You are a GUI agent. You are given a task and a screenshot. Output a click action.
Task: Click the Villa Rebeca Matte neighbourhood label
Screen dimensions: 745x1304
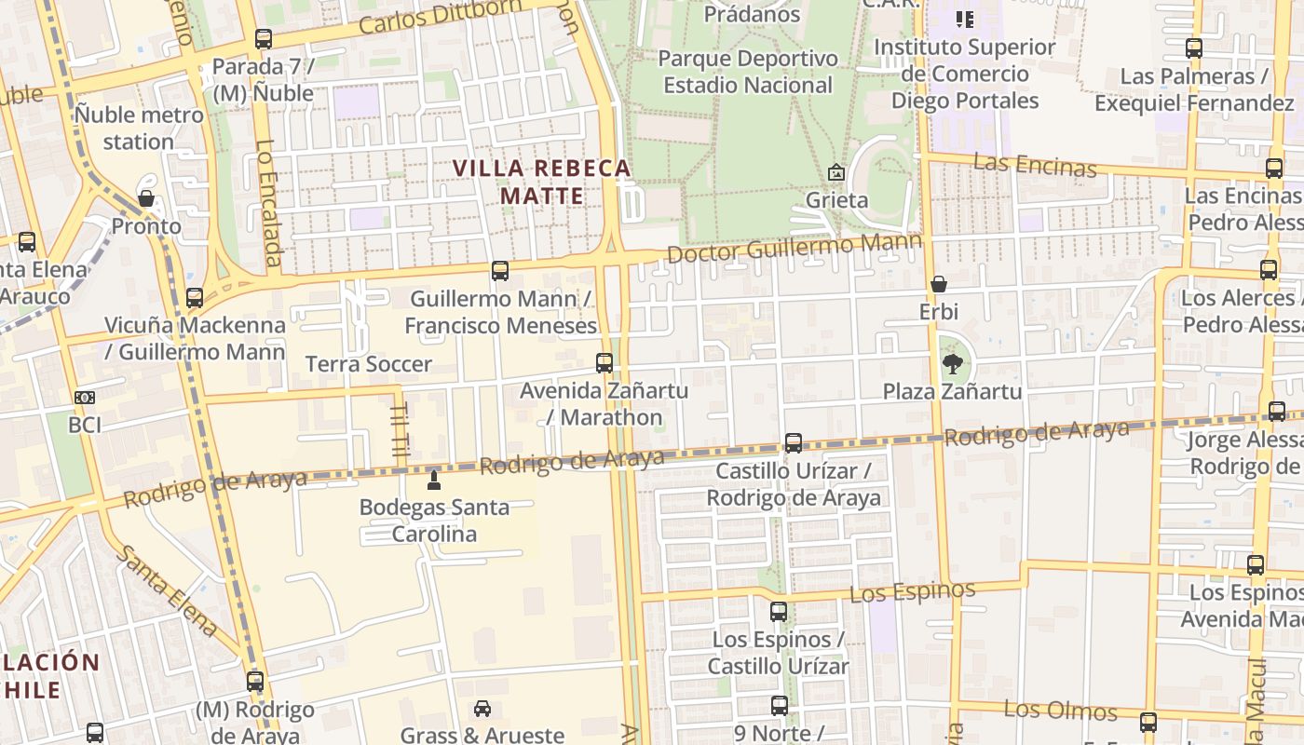[541, 183]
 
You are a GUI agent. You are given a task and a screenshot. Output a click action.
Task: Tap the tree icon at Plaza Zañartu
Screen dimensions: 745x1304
[952, 363]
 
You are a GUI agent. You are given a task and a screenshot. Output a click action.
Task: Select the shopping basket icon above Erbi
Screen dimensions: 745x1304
[939, 284]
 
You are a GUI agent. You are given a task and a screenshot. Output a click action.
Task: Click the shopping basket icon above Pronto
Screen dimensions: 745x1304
[146, 198]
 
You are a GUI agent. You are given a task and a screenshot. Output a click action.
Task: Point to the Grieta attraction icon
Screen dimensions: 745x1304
[836, 172]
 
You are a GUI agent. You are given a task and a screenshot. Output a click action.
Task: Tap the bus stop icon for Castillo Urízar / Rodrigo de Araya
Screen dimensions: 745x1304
[794, 443]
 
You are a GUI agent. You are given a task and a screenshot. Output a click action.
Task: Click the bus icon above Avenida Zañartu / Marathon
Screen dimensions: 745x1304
[604, 363]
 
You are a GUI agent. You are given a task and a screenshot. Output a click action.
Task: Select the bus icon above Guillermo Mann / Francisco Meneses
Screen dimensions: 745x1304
[500, 271]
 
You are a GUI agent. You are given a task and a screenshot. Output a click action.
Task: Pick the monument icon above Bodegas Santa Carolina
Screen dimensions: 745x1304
[433, 481]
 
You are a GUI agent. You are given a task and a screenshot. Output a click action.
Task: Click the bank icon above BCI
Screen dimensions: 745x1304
[85, 398]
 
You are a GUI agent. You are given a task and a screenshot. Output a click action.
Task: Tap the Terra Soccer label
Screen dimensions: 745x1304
[369, 364]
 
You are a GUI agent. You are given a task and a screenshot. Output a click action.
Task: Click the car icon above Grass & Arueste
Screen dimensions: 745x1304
[482, 709]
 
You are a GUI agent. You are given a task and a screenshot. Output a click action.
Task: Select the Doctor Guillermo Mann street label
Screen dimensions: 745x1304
[795, 249]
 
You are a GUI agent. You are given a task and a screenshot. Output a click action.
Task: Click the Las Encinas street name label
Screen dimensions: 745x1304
[1035, 166]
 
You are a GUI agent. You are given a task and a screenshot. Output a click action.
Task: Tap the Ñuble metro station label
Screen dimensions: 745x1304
[139, 129]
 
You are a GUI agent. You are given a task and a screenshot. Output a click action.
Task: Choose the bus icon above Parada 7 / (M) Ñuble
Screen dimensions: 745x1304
[264, 39]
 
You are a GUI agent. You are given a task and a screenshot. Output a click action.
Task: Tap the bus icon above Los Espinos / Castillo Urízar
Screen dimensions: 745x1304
[779, 612]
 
